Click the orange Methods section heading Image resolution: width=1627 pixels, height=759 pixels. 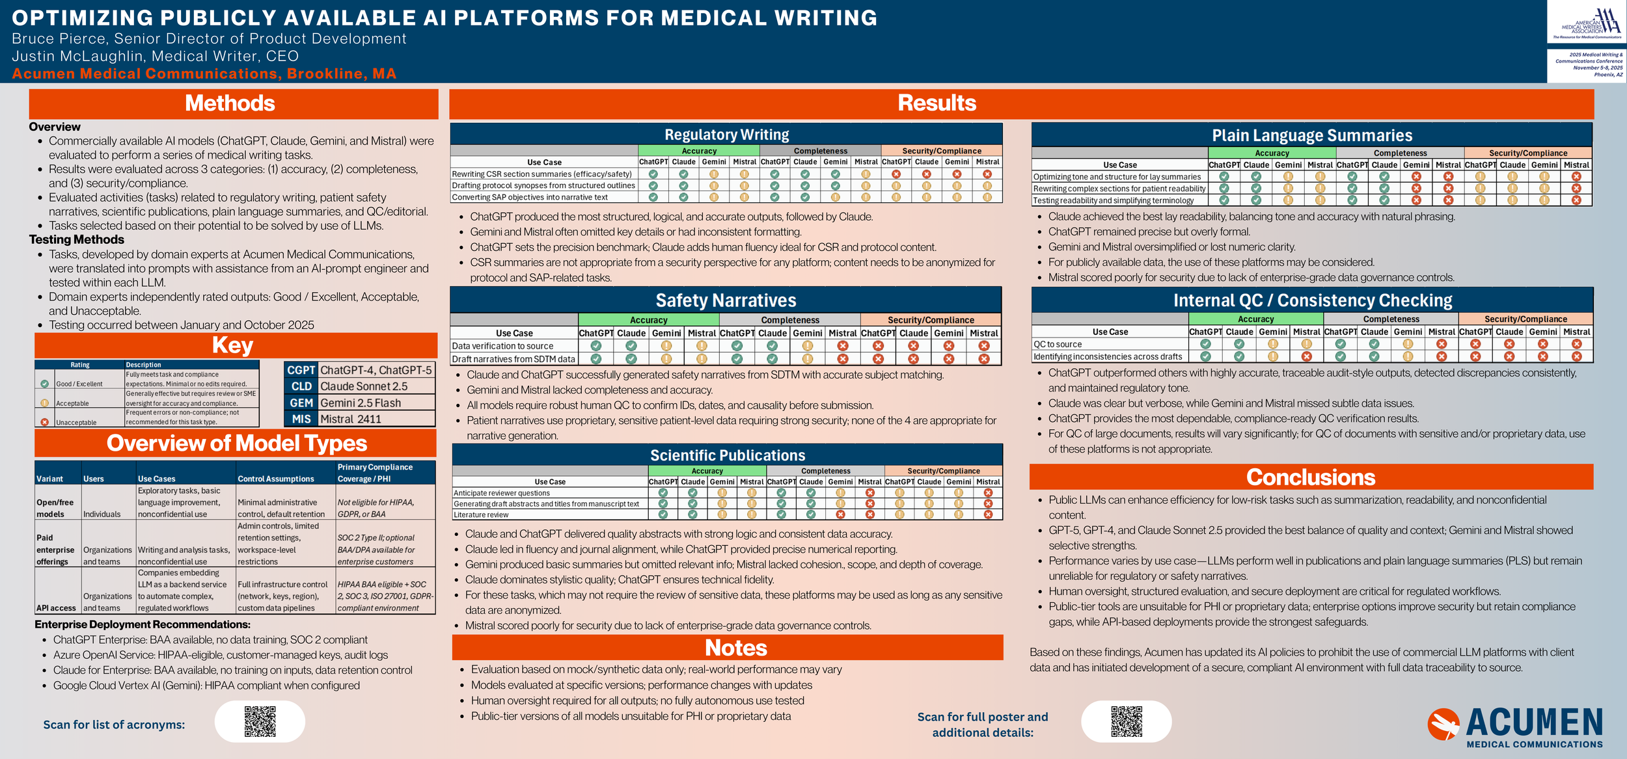coord(230,103)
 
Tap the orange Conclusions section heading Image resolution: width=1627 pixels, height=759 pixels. coord(1311,477)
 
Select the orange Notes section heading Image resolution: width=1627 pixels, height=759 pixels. coord(736,648)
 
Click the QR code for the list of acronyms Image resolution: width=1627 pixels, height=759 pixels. coord(260,721)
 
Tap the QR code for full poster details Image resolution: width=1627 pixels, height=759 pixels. coord(1127,721)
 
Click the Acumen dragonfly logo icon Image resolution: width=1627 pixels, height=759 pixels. coord(1443,725)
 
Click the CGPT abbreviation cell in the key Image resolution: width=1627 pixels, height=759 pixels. coord(301,370)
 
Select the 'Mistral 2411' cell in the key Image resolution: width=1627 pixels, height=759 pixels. coord(351,419)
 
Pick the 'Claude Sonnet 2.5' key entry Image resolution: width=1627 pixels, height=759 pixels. coord(364,386)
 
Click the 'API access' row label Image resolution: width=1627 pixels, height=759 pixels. coord(56,608)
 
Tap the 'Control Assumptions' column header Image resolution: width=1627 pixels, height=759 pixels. coord(276,479)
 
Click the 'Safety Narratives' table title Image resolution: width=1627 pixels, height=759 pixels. coord(726,300)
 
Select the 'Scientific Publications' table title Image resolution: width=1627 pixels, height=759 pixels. coord(728,455)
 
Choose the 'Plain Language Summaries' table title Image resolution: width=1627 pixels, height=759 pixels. coord(1312,135)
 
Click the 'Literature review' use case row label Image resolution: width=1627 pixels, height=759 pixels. coord(481,514)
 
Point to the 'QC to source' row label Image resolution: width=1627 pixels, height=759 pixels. coord(1058,344)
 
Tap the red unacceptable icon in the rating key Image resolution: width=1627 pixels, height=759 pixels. coord(45,422)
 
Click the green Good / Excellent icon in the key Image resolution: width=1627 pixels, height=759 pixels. coord(45,384)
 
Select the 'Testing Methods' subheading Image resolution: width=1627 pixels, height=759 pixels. coord(77,240)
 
